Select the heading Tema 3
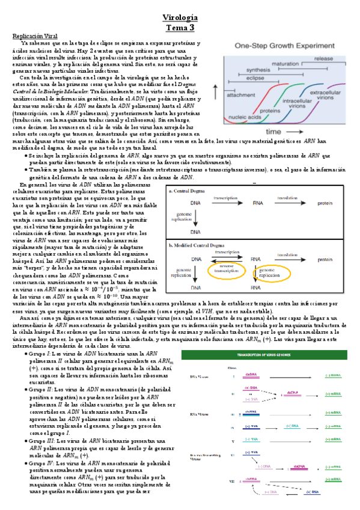click(180, 27)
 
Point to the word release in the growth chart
click(324, 58)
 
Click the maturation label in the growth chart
click(288, 63)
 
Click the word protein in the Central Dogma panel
click(326, 203)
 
